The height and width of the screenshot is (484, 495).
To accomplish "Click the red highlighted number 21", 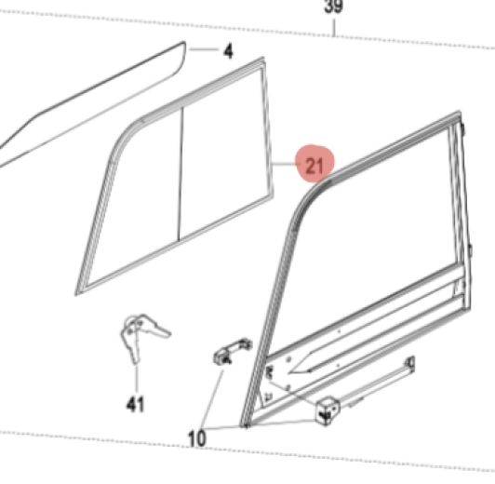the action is [314, 166].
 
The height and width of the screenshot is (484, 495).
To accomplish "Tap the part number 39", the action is [334, 7].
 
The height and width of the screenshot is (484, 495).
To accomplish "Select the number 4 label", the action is [228, 51].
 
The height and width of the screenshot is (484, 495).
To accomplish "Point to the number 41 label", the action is [136, 404].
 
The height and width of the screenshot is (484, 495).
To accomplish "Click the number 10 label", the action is [197, 438].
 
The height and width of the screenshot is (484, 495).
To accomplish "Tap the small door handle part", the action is [233, 352].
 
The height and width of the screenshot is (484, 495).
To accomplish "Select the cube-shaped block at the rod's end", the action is [328, 410].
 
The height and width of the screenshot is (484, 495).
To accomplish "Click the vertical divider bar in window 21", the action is [181, 174].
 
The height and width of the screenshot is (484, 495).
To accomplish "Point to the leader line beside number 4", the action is [204, 49].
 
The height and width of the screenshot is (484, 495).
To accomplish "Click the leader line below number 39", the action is [335, 28].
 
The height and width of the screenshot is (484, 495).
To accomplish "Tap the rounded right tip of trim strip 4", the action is [183, 47].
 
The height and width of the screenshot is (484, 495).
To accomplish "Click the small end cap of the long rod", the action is [410, 364].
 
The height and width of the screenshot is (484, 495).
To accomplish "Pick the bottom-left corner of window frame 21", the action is [77, 293].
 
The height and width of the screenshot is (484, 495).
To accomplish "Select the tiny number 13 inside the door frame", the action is [269, 397].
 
